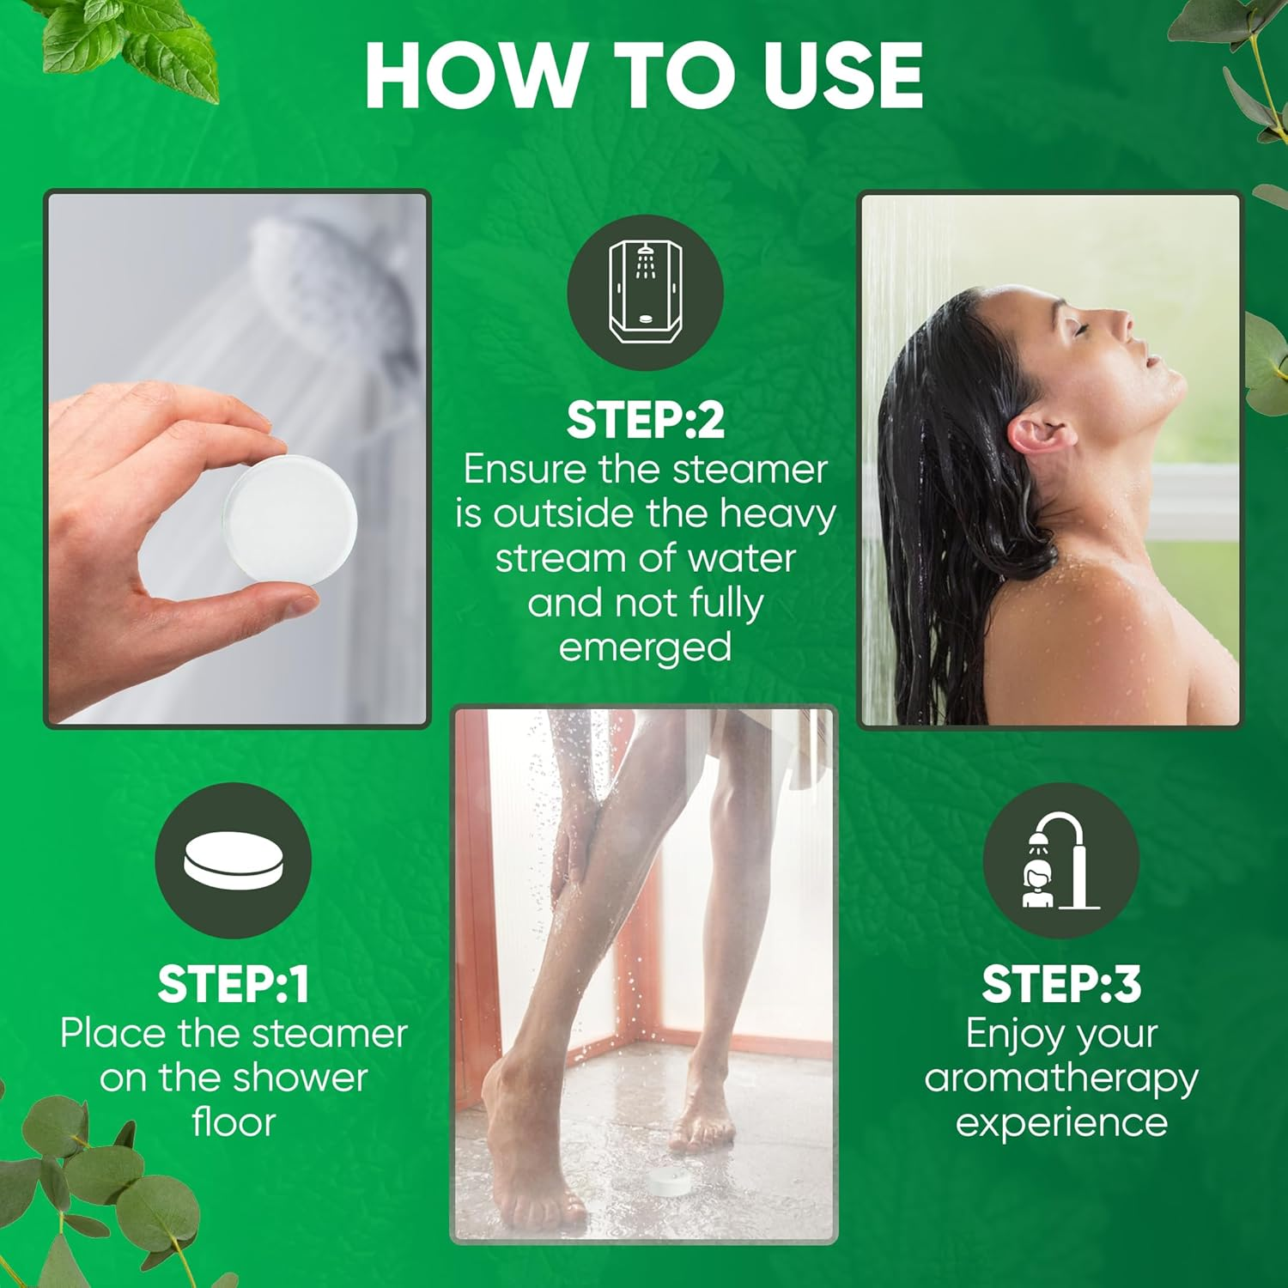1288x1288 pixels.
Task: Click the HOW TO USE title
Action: coord(644,76)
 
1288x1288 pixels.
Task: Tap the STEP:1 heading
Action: coord(233,984)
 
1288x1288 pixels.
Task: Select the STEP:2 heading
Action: coord(645,421)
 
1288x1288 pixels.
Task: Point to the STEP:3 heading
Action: coord(1061,984)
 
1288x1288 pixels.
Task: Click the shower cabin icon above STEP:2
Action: coord(645,292)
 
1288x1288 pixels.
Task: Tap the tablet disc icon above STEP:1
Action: coord(233,860)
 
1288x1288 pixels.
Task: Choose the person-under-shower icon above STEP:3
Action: coord(1060,860)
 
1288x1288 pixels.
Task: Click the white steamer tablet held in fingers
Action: coord(290,520)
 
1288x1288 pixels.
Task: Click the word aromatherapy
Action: coord(1061,1078)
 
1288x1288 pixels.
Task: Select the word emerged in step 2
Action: coord(645,647)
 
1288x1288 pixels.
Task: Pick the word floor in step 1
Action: coord(234,1123)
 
